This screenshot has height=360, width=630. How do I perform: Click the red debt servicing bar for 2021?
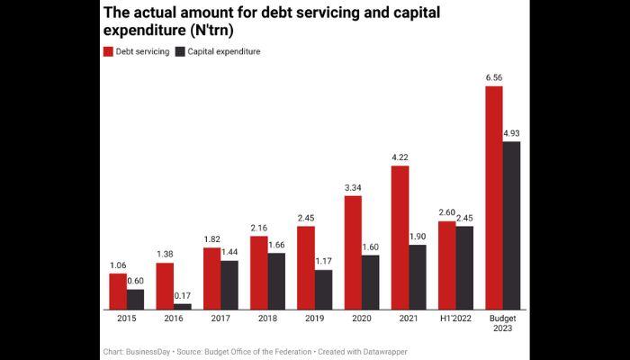tap(400, 238)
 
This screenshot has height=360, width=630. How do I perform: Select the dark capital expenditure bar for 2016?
tap(183, 307)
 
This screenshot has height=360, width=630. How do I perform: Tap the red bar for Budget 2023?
tap(493, 198)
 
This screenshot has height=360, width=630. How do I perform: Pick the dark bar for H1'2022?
tap(464, 268)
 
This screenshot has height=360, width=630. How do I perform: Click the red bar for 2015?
tap(118, 292)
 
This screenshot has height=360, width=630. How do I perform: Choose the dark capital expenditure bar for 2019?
tap(323, 290)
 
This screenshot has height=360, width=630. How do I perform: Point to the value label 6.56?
tap(493, 77)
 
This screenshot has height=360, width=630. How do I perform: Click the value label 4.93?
tap(511, 133)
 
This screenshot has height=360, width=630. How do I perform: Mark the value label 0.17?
tap(183, 295)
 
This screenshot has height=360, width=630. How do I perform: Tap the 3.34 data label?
tap(353, 187)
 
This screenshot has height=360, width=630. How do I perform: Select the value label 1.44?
tap(229, 252)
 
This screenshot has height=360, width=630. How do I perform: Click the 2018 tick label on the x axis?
tap(267, 319)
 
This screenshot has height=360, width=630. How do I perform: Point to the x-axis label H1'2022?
tap(455, 319)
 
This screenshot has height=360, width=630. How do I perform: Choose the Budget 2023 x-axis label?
tap(502, 325)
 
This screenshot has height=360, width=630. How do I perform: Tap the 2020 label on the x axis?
tap(362, 319)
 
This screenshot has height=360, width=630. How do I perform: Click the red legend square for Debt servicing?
tap(108, 52)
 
